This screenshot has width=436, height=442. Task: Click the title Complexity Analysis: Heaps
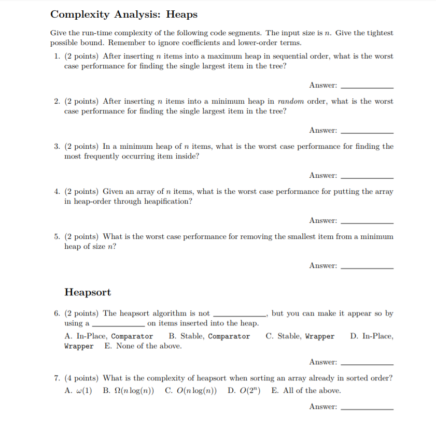pos(123,15)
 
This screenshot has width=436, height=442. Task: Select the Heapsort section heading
pos(88,292)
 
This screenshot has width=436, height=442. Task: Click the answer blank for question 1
pos(367,87)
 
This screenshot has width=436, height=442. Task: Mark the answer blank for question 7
pos(367,409)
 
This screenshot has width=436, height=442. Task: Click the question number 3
pos(57,146)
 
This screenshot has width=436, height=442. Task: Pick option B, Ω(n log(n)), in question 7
pos(129,391)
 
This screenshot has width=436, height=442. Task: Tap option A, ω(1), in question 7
pos(78,391)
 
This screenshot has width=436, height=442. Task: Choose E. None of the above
pos(143,346)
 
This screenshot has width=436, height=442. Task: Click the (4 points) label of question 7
pos(82,378)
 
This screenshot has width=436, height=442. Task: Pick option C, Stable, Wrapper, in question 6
pos(300,336)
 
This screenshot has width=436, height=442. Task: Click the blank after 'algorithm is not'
pos(239,315)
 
